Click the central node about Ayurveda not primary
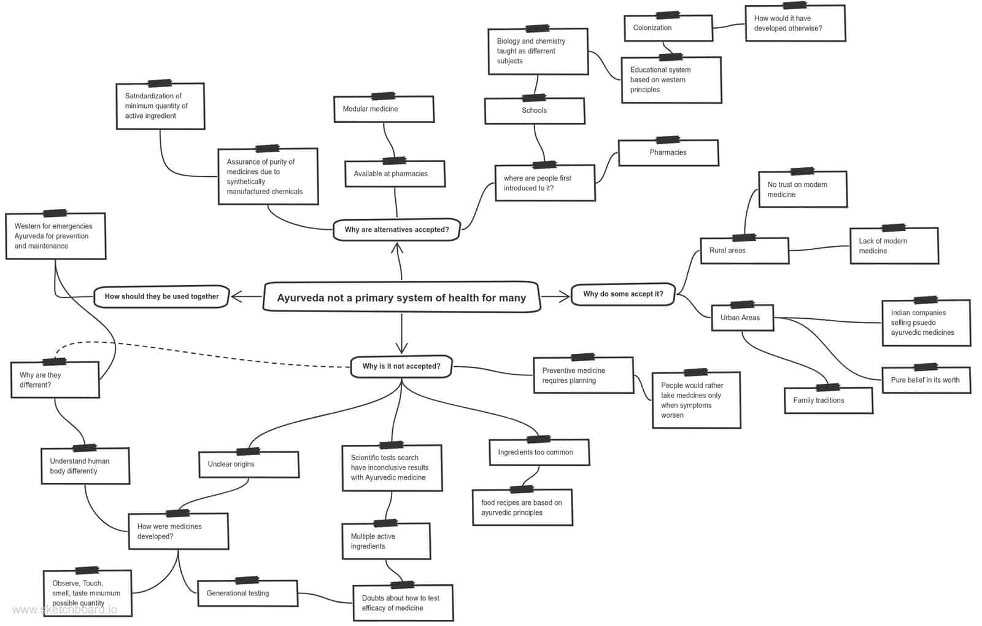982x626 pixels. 401,297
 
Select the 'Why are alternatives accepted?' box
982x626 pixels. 396,229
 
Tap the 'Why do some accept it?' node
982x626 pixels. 623,294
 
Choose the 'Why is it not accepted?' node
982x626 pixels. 401,366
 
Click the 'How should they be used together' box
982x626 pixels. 161,297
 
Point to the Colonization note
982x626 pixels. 668,28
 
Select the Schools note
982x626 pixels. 535,111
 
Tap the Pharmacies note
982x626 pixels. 668,153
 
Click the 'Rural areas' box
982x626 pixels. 744,251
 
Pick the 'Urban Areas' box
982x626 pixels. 742,318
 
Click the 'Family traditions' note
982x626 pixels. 829,400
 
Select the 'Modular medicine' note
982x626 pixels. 384,109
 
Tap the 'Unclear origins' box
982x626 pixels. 249,464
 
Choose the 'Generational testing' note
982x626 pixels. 248,593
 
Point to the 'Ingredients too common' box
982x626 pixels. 539,452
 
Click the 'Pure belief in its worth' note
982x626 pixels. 926,380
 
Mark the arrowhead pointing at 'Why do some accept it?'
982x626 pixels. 564,297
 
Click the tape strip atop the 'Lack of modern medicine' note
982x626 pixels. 894,228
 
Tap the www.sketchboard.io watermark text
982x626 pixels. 65,610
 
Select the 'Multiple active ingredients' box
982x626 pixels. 386,541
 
